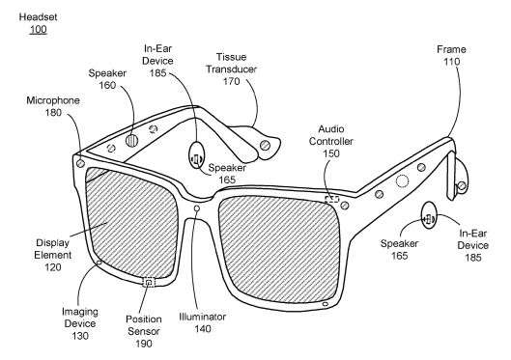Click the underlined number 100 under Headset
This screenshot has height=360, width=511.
pos(38,29)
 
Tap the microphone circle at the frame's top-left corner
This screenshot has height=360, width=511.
pos(80,163)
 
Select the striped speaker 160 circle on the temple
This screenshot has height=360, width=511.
pos(131,141)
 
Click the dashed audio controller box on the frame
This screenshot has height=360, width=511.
pos(331,199)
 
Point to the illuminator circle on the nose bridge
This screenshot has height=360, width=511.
pos(196,208)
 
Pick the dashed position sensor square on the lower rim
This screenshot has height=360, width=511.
pos(149,282)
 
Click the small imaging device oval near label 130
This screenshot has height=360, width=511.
pos(99,263)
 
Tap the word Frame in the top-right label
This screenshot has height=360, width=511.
pos(451,49)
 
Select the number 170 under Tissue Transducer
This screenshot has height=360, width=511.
pos(232,81)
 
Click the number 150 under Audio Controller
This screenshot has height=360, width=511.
pos(331,153)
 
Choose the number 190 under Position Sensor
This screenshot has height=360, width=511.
pos(144,344)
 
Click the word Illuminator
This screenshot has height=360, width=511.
pos(203,317)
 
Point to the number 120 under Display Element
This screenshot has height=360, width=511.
pos(53,267)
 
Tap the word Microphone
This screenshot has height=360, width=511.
pos(53,100)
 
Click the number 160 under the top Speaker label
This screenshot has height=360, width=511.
pos(107,85)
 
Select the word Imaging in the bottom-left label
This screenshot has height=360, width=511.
pos(80,312)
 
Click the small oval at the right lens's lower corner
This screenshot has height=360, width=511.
pos(325,304)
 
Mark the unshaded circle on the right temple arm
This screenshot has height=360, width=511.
pos(402,181)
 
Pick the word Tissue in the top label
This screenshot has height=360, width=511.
pos(232,57)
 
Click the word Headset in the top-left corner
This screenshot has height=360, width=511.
pos(38,17)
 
